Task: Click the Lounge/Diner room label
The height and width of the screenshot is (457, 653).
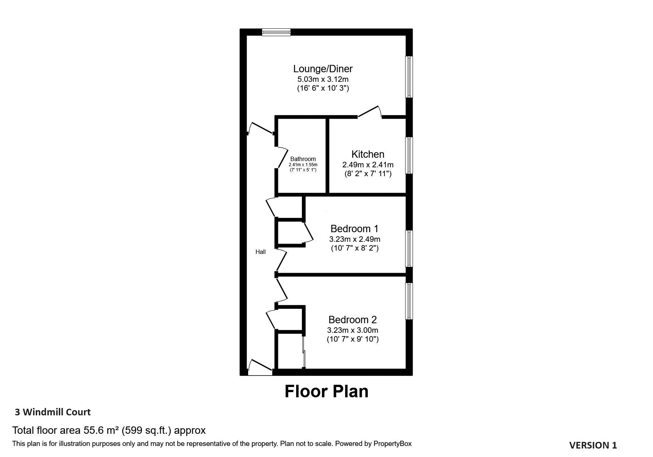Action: pos(323,69)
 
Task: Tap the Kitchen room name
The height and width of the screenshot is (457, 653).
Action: pos(368,154)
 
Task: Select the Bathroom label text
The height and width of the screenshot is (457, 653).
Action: pos(303,159)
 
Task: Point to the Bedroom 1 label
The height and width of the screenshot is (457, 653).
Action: pos(354,228)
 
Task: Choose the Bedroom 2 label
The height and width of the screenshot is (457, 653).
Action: pos(352,320)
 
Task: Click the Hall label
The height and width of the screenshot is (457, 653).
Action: pos(261,252)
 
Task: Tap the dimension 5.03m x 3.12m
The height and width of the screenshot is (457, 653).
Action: pos(323,79)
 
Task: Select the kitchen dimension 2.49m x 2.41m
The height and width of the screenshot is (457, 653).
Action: pos(368,164)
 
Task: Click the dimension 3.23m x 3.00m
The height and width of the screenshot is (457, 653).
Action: pos(352,330)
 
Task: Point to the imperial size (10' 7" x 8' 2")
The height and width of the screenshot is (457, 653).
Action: pos(355,248)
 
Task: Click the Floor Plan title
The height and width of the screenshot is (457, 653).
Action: pos(326,391)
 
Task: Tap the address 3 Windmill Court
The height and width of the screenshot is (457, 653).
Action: pos(53,412)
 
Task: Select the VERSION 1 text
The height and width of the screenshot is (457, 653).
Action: pos(593,445)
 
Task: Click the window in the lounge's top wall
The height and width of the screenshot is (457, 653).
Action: pos(276,32)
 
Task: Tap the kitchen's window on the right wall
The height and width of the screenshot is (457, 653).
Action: pos(409,155)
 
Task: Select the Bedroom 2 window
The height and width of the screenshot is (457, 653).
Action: pos(409,301)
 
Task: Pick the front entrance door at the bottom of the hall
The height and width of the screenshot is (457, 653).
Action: pos(260,367)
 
